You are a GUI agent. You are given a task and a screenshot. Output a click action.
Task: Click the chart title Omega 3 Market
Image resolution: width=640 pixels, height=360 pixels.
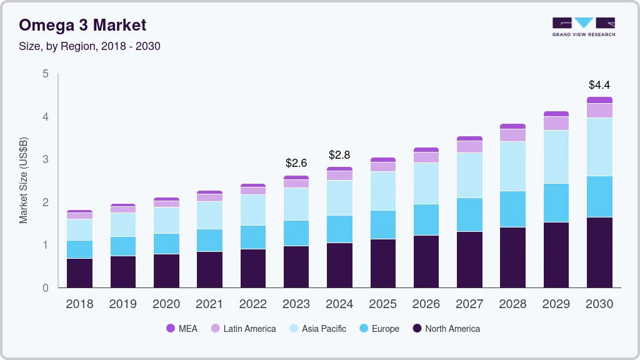point(82,25)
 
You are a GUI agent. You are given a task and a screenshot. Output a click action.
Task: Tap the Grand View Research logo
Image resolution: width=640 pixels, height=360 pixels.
point(583,26)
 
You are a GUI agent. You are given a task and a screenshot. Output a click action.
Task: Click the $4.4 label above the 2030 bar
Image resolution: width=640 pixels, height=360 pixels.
point(599,84)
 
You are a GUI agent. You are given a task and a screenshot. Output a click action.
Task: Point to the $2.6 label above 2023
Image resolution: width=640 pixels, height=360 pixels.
point(296,163)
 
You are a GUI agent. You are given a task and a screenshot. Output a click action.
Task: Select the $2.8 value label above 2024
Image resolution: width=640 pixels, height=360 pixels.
point(339,154)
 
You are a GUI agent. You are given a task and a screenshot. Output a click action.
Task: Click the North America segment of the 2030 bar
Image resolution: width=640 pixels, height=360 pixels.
point(599,252)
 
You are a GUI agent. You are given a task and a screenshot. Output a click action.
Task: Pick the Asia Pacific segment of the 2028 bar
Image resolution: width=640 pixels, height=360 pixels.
point(512,166)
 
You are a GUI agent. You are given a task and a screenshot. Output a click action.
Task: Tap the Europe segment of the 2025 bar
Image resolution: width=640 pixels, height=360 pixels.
point(382,224)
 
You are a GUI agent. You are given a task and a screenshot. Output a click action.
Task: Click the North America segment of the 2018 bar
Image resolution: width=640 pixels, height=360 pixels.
point(79,273)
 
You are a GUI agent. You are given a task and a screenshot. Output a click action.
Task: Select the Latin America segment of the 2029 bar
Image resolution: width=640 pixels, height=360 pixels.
point(556,123)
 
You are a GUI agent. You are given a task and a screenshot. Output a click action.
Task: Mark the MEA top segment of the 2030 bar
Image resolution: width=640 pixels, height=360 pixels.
point(599,100)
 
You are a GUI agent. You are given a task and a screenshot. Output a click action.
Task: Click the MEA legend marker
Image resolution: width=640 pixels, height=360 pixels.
point(171,329)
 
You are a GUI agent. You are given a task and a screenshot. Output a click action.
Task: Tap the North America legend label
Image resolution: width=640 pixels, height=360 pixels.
point(452,329)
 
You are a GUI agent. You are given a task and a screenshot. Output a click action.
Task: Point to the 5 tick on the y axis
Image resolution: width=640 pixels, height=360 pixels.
point(46,74)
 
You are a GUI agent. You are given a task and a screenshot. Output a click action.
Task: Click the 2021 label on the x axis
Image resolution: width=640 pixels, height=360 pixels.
point(209,304)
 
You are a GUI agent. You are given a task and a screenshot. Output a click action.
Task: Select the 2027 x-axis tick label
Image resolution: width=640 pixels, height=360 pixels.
point(469,304)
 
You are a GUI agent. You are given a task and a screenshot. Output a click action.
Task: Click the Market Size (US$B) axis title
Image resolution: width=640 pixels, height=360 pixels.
point(24,180)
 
